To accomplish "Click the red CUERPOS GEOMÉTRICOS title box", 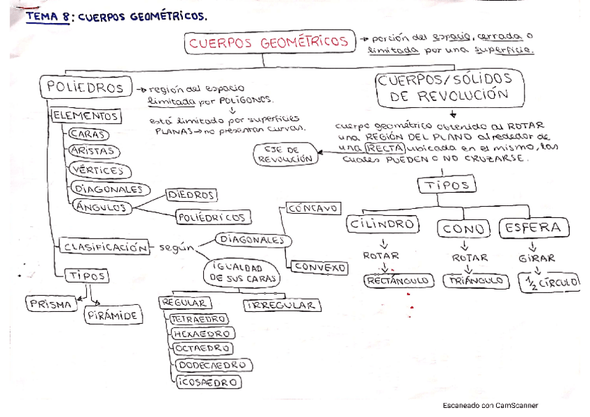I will coord(268,42).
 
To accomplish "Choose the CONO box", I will coord(465,228).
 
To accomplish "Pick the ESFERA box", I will coord(534,228).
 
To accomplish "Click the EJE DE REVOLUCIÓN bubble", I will coord(286,154).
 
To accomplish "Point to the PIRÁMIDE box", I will coord(113,316).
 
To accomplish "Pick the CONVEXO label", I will coord(319,267).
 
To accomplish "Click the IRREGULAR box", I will coord(282,305).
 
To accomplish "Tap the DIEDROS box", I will coord(191,196).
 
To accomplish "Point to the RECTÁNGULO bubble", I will coord(399,281).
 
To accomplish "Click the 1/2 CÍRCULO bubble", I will coord(550,283).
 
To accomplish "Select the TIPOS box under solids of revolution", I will coord(447,185).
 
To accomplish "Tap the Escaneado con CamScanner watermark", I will coord(490,405).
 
